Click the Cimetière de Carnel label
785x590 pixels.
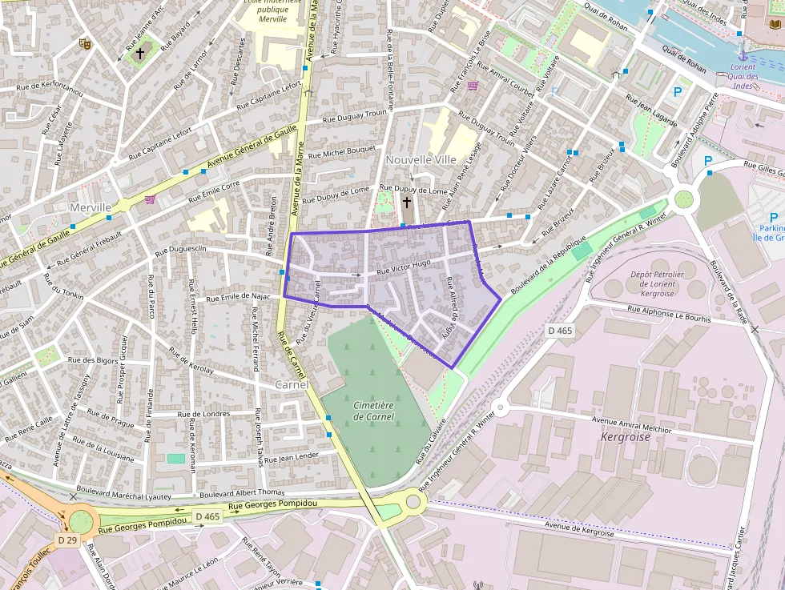tap(373, 411)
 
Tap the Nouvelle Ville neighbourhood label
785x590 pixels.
tap(421, 159)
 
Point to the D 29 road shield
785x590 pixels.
tap(67, 540)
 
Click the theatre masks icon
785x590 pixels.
tap(83, 44)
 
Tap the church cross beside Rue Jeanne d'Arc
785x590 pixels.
tap(140, 54)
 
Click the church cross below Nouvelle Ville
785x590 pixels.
tap(407, 203)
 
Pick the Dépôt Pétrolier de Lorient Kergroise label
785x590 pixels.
tap(658, 283)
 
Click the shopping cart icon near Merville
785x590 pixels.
tap(150, 199)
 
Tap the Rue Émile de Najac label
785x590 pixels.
tap(237, 297)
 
